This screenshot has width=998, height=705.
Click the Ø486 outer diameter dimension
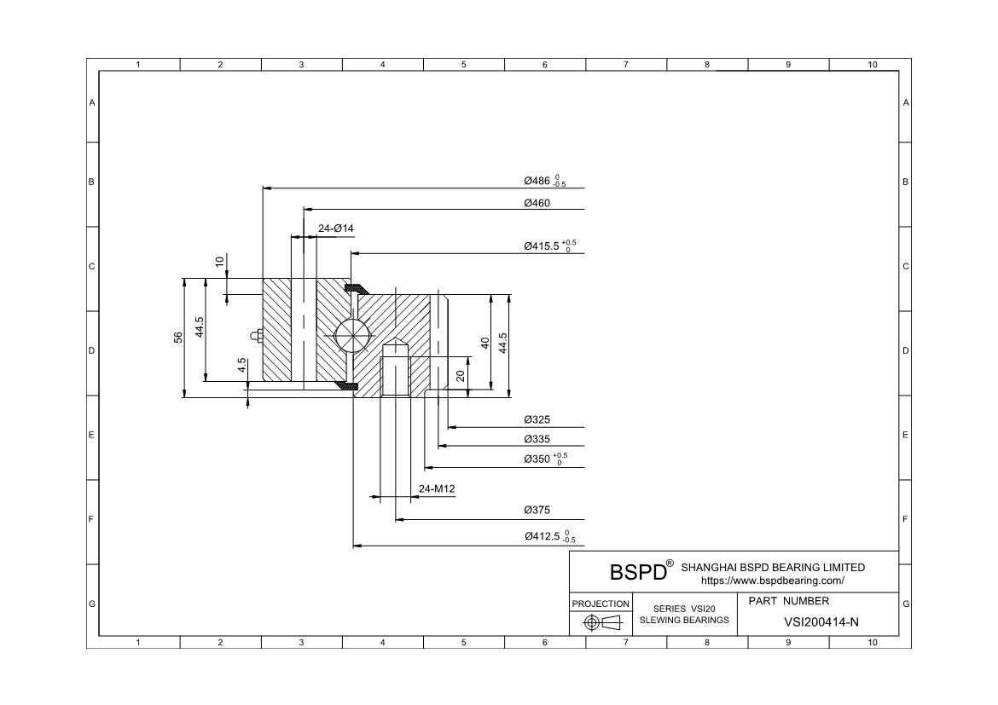[544, 181]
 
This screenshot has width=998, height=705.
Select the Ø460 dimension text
[537, 203]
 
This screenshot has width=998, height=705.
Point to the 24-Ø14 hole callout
[335, 228]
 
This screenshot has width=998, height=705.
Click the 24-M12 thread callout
[437, 488]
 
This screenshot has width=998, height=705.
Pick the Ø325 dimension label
[537, 419]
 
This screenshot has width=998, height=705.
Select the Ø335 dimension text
[537, 439]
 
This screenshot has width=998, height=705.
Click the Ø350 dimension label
[544, 459]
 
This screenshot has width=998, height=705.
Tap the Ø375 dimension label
[537, 510]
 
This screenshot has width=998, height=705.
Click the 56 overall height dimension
[178, 338]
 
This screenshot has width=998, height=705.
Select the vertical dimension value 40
[484, 342]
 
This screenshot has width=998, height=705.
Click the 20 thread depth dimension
[461, 375]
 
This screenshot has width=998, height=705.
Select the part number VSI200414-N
[821, 622]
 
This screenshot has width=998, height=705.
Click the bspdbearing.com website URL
[772, 581]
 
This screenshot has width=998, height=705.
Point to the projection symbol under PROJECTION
[601, 622]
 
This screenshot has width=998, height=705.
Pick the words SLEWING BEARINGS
[684, 620]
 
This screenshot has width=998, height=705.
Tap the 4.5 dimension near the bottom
[242, 365]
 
